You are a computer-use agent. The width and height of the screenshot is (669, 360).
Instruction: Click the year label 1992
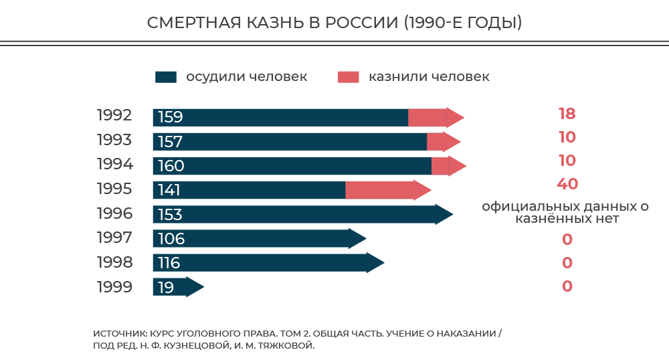click(114, 115)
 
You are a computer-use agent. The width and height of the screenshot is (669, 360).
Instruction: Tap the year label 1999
click(114, 287)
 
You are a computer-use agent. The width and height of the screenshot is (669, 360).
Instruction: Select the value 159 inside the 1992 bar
click(171, 118)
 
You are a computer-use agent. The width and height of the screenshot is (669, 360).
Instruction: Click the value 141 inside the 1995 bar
click(169, 190)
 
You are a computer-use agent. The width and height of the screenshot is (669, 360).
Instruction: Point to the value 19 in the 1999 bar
click(166, 288)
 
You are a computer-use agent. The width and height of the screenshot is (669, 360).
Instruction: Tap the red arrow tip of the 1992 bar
click(455, 118)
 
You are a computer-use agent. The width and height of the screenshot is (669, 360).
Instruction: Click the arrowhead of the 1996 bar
click(444, 214)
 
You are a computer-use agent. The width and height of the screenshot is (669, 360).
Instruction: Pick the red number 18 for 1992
click(567, 114)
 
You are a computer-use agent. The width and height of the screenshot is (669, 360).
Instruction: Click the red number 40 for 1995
click(567, 184)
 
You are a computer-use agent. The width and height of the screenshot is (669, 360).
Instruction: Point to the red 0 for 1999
click(567, 286)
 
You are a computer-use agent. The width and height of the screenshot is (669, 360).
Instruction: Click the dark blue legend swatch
click(165, 77)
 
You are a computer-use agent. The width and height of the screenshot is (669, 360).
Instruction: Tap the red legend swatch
click(348, 77)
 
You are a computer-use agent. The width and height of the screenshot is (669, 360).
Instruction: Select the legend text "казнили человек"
click(429, 77)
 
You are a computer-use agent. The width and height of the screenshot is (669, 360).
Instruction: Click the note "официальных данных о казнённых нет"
click(565, 213)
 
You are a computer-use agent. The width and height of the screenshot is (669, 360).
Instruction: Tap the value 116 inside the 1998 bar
click(169, 263)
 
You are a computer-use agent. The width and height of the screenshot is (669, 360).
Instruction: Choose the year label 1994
click(114, 164)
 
